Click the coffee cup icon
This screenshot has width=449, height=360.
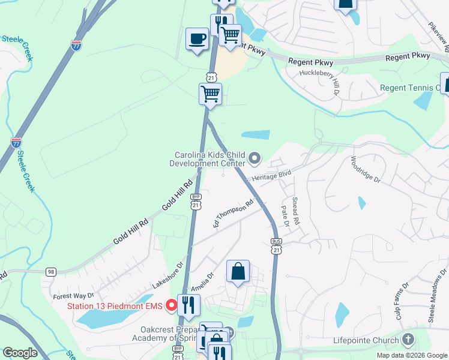pyautogui.click(x=197, y=40)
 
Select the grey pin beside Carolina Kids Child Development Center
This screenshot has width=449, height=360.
pyautogui.click(x=255, y=158)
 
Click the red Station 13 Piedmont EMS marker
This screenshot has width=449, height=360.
pyautogui.click(x=171, y=305)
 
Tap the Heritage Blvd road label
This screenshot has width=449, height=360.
pyautogui.click(x=283, y=175)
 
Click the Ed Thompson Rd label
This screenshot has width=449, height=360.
pyautogui.click(x=233, y=214)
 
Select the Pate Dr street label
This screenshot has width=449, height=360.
pyautogui.click(x=285, y=215)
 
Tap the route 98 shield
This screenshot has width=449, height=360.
pyautogui.click(x=51, y=272)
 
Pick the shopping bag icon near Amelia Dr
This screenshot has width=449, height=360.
pyautogui.click(x=238, y=271)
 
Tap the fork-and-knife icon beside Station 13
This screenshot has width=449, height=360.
pyautogui.click(x=188, y=305)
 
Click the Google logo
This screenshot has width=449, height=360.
pyautogui.click(x=20, y=353)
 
